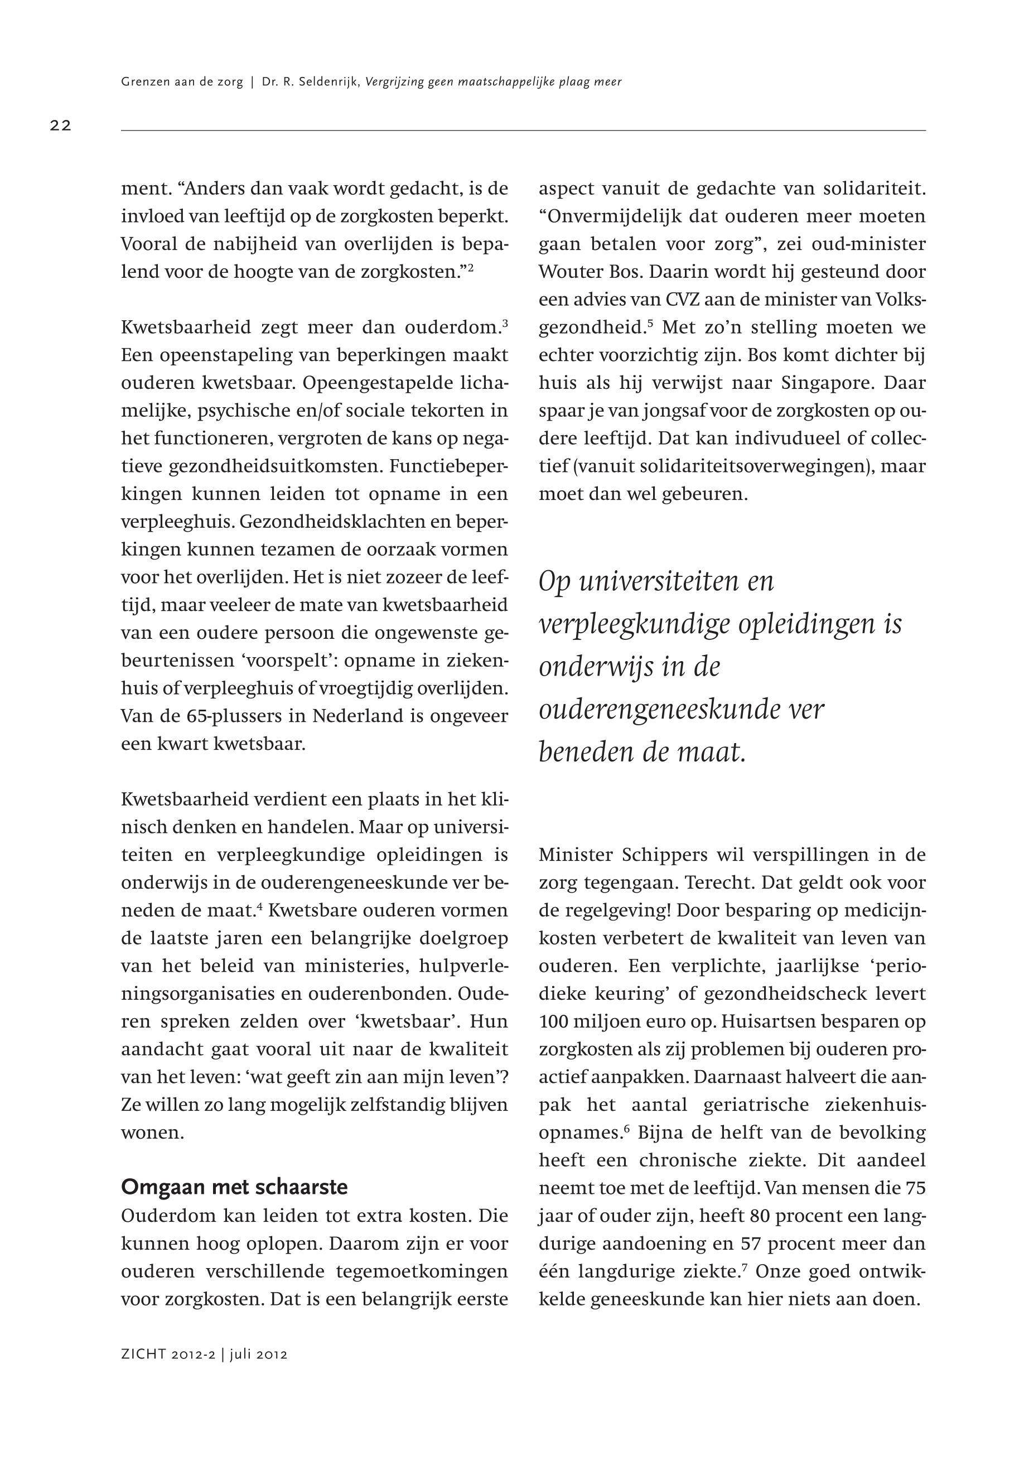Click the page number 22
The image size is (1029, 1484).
click(61, 126)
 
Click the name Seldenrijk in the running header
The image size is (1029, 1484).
click(327, 82)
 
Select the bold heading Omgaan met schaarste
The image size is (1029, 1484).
click(234, 1187)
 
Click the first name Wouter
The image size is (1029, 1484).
click(572, 272)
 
